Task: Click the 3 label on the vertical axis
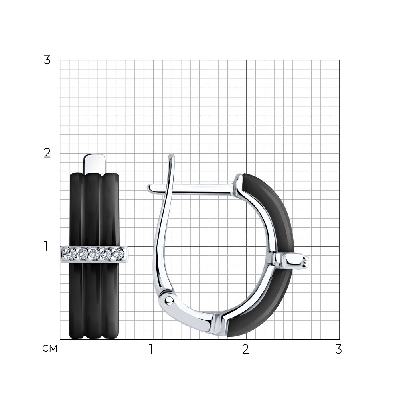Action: click(47, 60)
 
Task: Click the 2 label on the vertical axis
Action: click(47, 153)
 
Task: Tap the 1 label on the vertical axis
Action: click(46, 246)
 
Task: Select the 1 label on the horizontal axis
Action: click(151, 350)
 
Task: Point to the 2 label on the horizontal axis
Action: click(245, 350)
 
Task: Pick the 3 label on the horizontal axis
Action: click(338, 350)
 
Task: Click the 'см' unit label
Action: click(50, 349)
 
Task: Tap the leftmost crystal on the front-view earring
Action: click(71, 254)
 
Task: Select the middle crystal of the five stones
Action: click(95, 254)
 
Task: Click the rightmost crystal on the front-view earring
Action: click(119, 254)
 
